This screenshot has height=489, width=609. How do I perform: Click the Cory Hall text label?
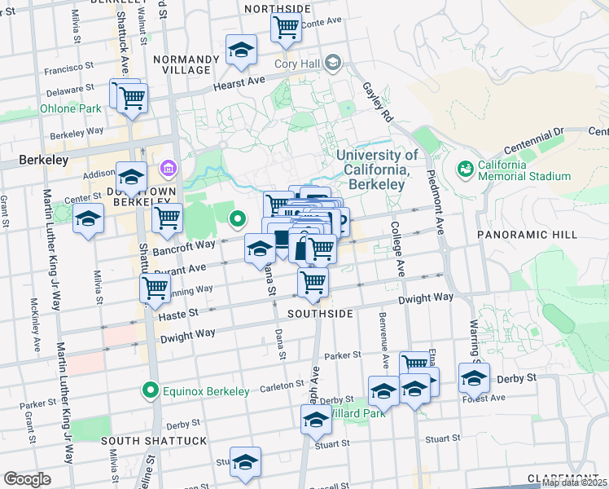click(295, 64)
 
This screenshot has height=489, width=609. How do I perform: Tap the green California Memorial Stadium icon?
click(465, 169)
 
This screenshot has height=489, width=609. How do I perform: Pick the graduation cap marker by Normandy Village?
click(241, 51)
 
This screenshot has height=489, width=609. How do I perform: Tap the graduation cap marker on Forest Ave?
click(474, 378)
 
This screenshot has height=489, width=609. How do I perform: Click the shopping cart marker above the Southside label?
click(313, 282)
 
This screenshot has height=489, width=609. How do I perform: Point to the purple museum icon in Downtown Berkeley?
click(169, 170)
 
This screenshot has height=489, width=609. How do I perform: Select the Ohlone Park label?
click(71, 108)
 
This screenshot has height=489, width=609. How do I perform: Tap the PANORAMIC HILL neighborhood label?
click(550, 234)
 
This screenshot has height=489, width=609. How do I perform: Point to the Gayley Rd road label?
click(378, 103)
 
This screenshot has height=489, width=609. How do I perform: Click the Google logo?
click(28, 478)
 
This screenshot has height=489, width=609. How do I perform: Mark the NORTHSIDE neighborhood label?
click(277, 8)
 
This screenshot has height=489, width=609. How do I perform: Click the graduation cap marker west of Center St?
click(88, 218)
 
